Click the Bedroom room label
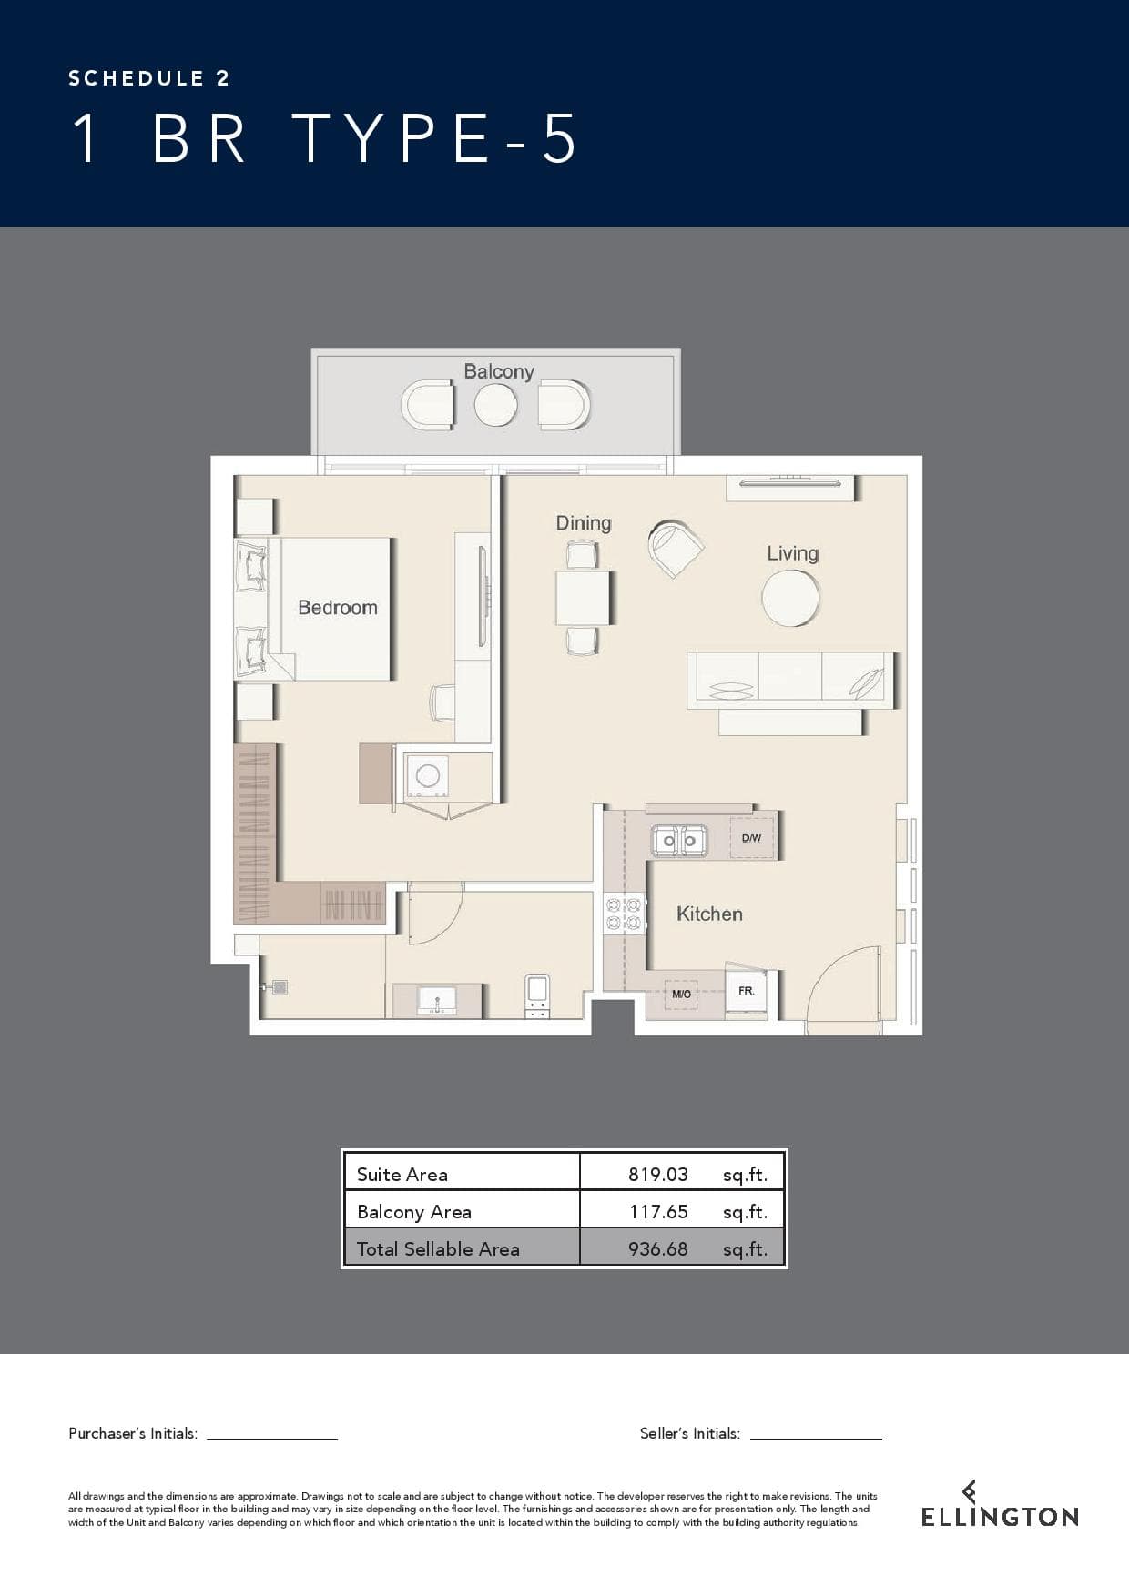tap(338, 608)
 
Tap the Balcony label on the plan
tap(499, 371)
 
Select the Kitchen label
tap(709, 914)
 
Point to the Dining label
tap(584, 523)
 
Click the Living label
tap(792, 553)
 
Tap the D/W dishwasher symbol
tap(751, 838)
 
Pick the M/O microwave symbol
tap(681, 995)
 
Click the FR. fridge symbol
tap(747, 991)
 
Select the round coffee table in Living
tap(790, 598)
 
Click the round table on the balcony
tap(495, 405)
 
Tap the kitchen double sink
tap(679, 840)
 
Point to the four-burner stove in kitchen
tap(624, 914)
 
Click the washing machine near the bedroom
tap(427, 776)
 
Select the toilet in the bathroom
tap(537, 996)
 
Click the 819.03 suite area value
tap(658, 1174)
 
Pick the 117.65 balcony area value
tap(658, 1211)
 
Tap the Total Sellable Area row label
tap(438, 1248)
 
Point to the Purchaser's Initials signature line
tap(272, 1439)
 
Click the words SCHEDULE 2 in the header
tap(149, 78)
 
